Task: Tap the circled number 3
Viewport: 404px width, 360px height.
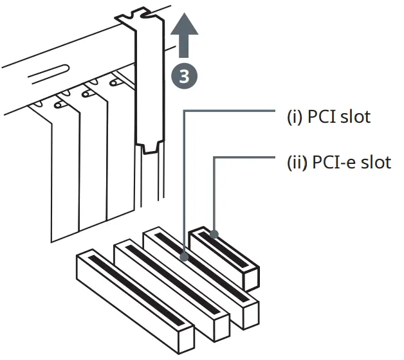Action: point(184,76)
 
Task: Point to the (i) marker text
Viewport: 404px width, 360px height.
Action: point(295,117)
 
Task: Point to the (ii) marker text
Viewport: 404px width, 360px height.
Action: point(297,161)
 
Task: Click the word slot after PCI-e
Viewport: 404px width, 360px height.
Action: point(375,161)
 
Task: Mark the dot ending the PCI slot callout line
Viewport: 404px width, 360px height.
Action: point(185,257)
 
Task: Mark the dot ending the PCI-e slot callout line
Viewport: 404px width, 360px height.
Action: point(214,233)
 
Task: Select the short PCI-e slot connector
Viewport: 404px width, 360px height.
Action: point(225,254)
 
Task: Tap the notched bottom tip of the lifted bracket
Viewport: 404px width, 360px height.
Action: point(151,148)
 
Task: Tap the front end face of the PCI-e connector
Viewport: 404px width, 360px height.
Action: point(251,277)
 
